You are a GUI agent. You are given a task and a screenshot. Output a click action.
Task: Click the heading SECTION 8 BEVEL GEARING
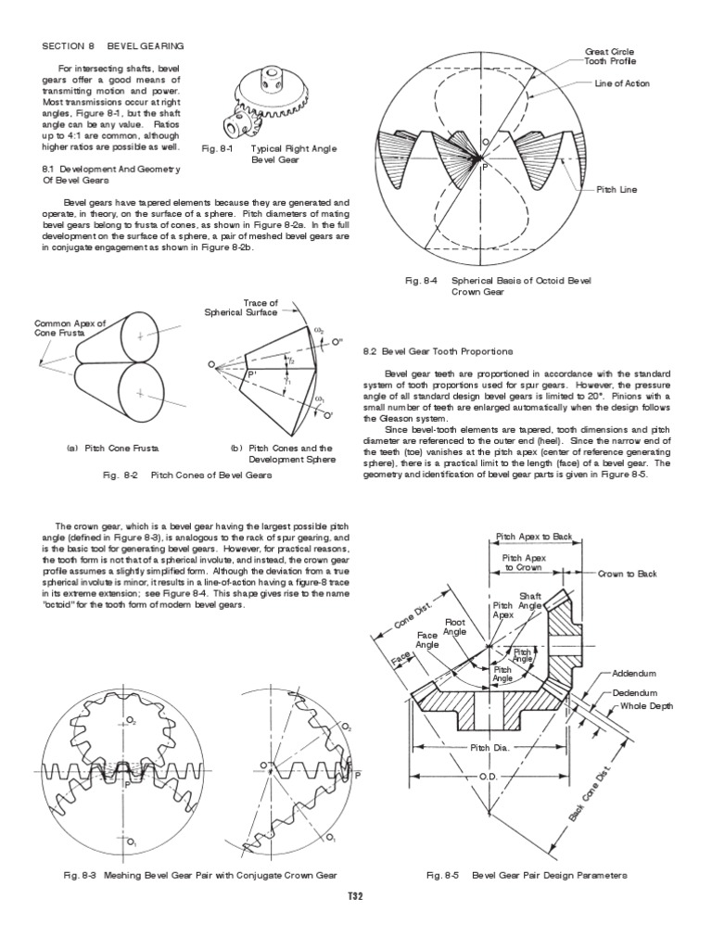pyautogui.click(x=113, y=44)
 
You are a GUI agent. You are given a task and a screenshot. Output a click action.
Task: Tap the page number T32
pyautogui.click(x=355, y=896)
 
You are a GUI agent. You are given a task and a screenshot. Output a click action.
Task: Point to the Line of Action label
pyautogui.click(x=622, y=83)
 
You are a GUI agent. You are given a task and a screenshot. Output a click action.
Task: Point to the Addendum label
pyautogui.click(x=634, y=674)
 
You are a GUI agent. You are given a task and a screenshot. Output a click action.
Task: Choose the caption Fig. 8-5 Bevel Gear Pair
pyautogui.click(x=527, y=875)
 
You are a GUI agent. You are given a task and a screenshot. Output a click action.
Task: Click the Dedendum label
pyautogui.click(x=635, y=692)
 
